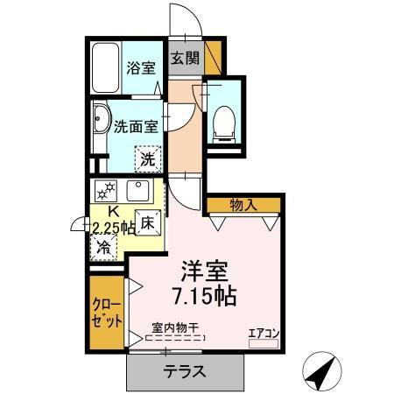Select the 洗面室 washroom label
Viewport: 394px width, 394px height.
(137, 125)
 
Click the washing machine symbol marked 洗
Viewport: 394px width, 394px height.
(148, 159)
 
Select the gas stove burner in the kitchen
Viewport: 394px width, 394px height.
(106, 192)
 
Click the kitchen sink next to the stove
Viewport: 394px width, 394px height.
(138, 191)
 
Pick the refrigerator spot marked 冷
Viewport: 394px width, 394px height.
(105, 247)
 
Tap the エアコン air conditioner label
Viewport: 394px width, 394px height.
(263, 332)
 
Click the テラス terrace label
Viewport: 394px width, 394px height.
(184, 370)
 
